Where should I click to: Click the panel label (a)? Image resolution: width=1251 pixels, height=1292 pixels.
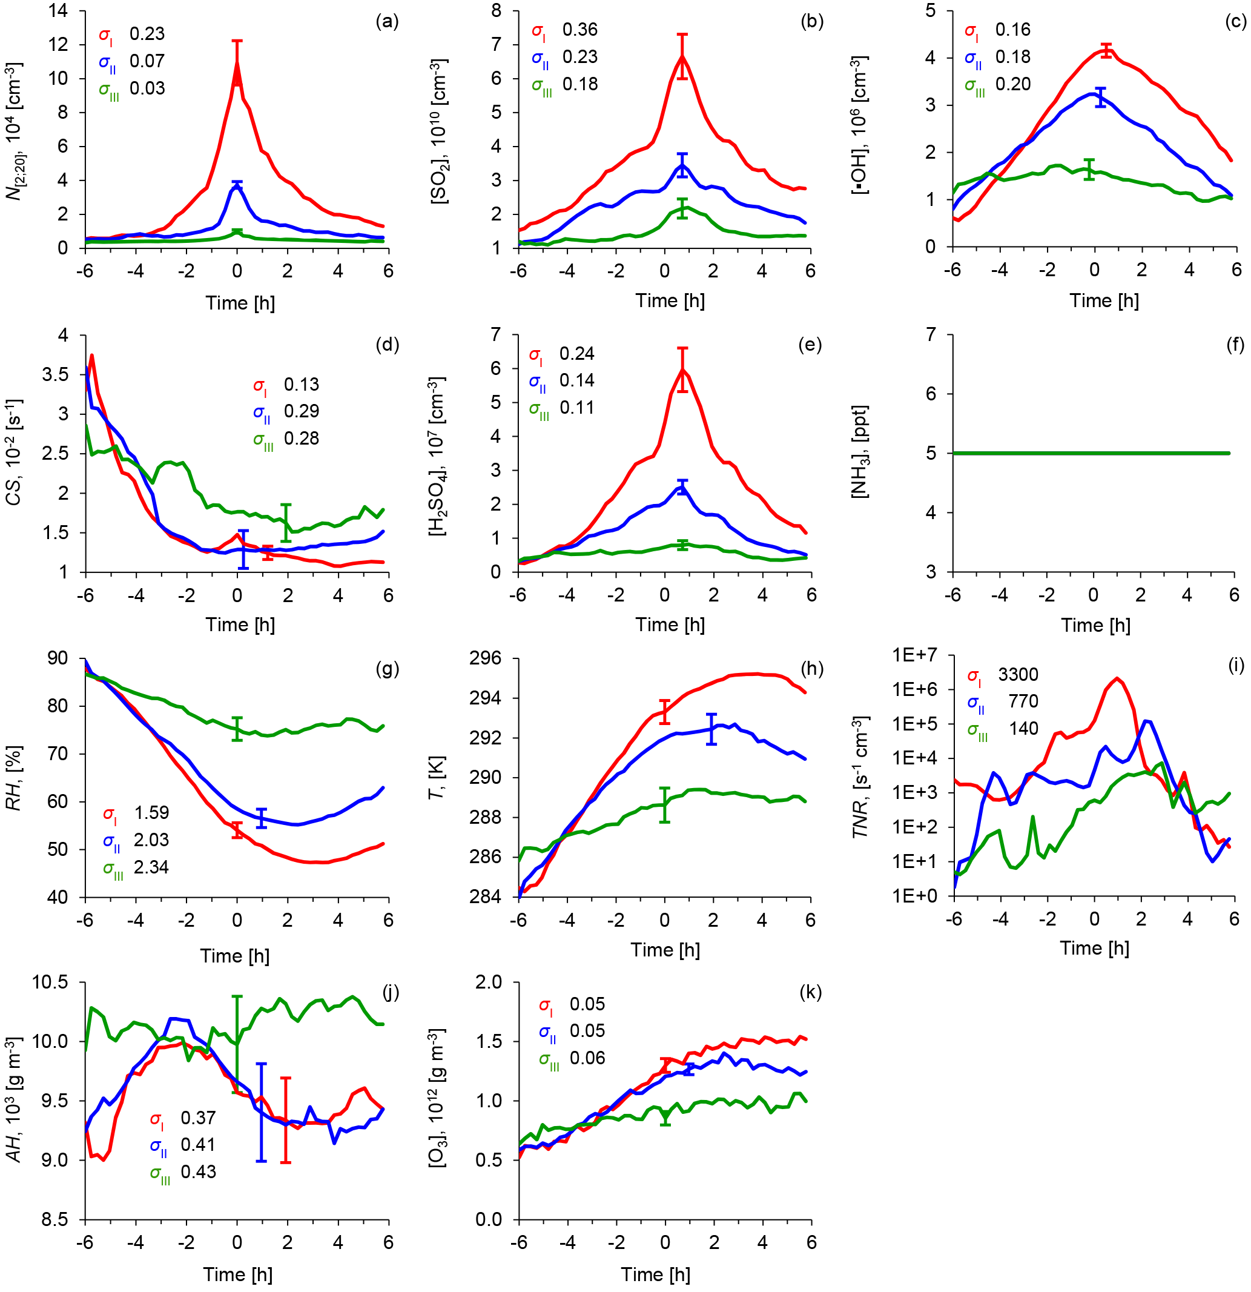387,22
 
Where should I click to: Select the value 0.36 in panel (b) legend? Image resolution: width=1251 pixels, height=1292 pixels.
580,30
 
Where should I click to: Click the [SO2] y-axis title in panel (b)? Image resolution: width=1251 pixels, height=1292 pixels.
439,132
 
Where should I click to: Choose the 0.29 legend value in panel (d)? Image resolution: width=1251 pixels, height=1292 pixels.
301,411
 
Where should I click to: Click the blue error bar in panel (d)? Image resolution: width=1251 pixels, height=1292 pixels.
243,549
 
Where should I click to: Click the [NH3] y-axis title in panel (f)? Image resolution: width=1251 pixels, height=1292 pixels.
860,452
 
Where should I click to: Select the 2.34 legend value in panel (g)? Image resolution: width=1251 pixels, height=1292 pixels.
151,867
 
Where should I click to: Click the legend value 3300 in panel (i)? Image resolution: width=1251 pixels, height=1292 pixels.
1018,674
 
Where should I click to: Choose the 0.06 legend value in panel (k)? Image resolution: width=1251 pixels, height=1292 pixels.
587,1058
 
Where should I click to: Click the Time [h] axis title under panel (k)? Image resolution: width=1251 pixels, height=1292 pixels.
656,1274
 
